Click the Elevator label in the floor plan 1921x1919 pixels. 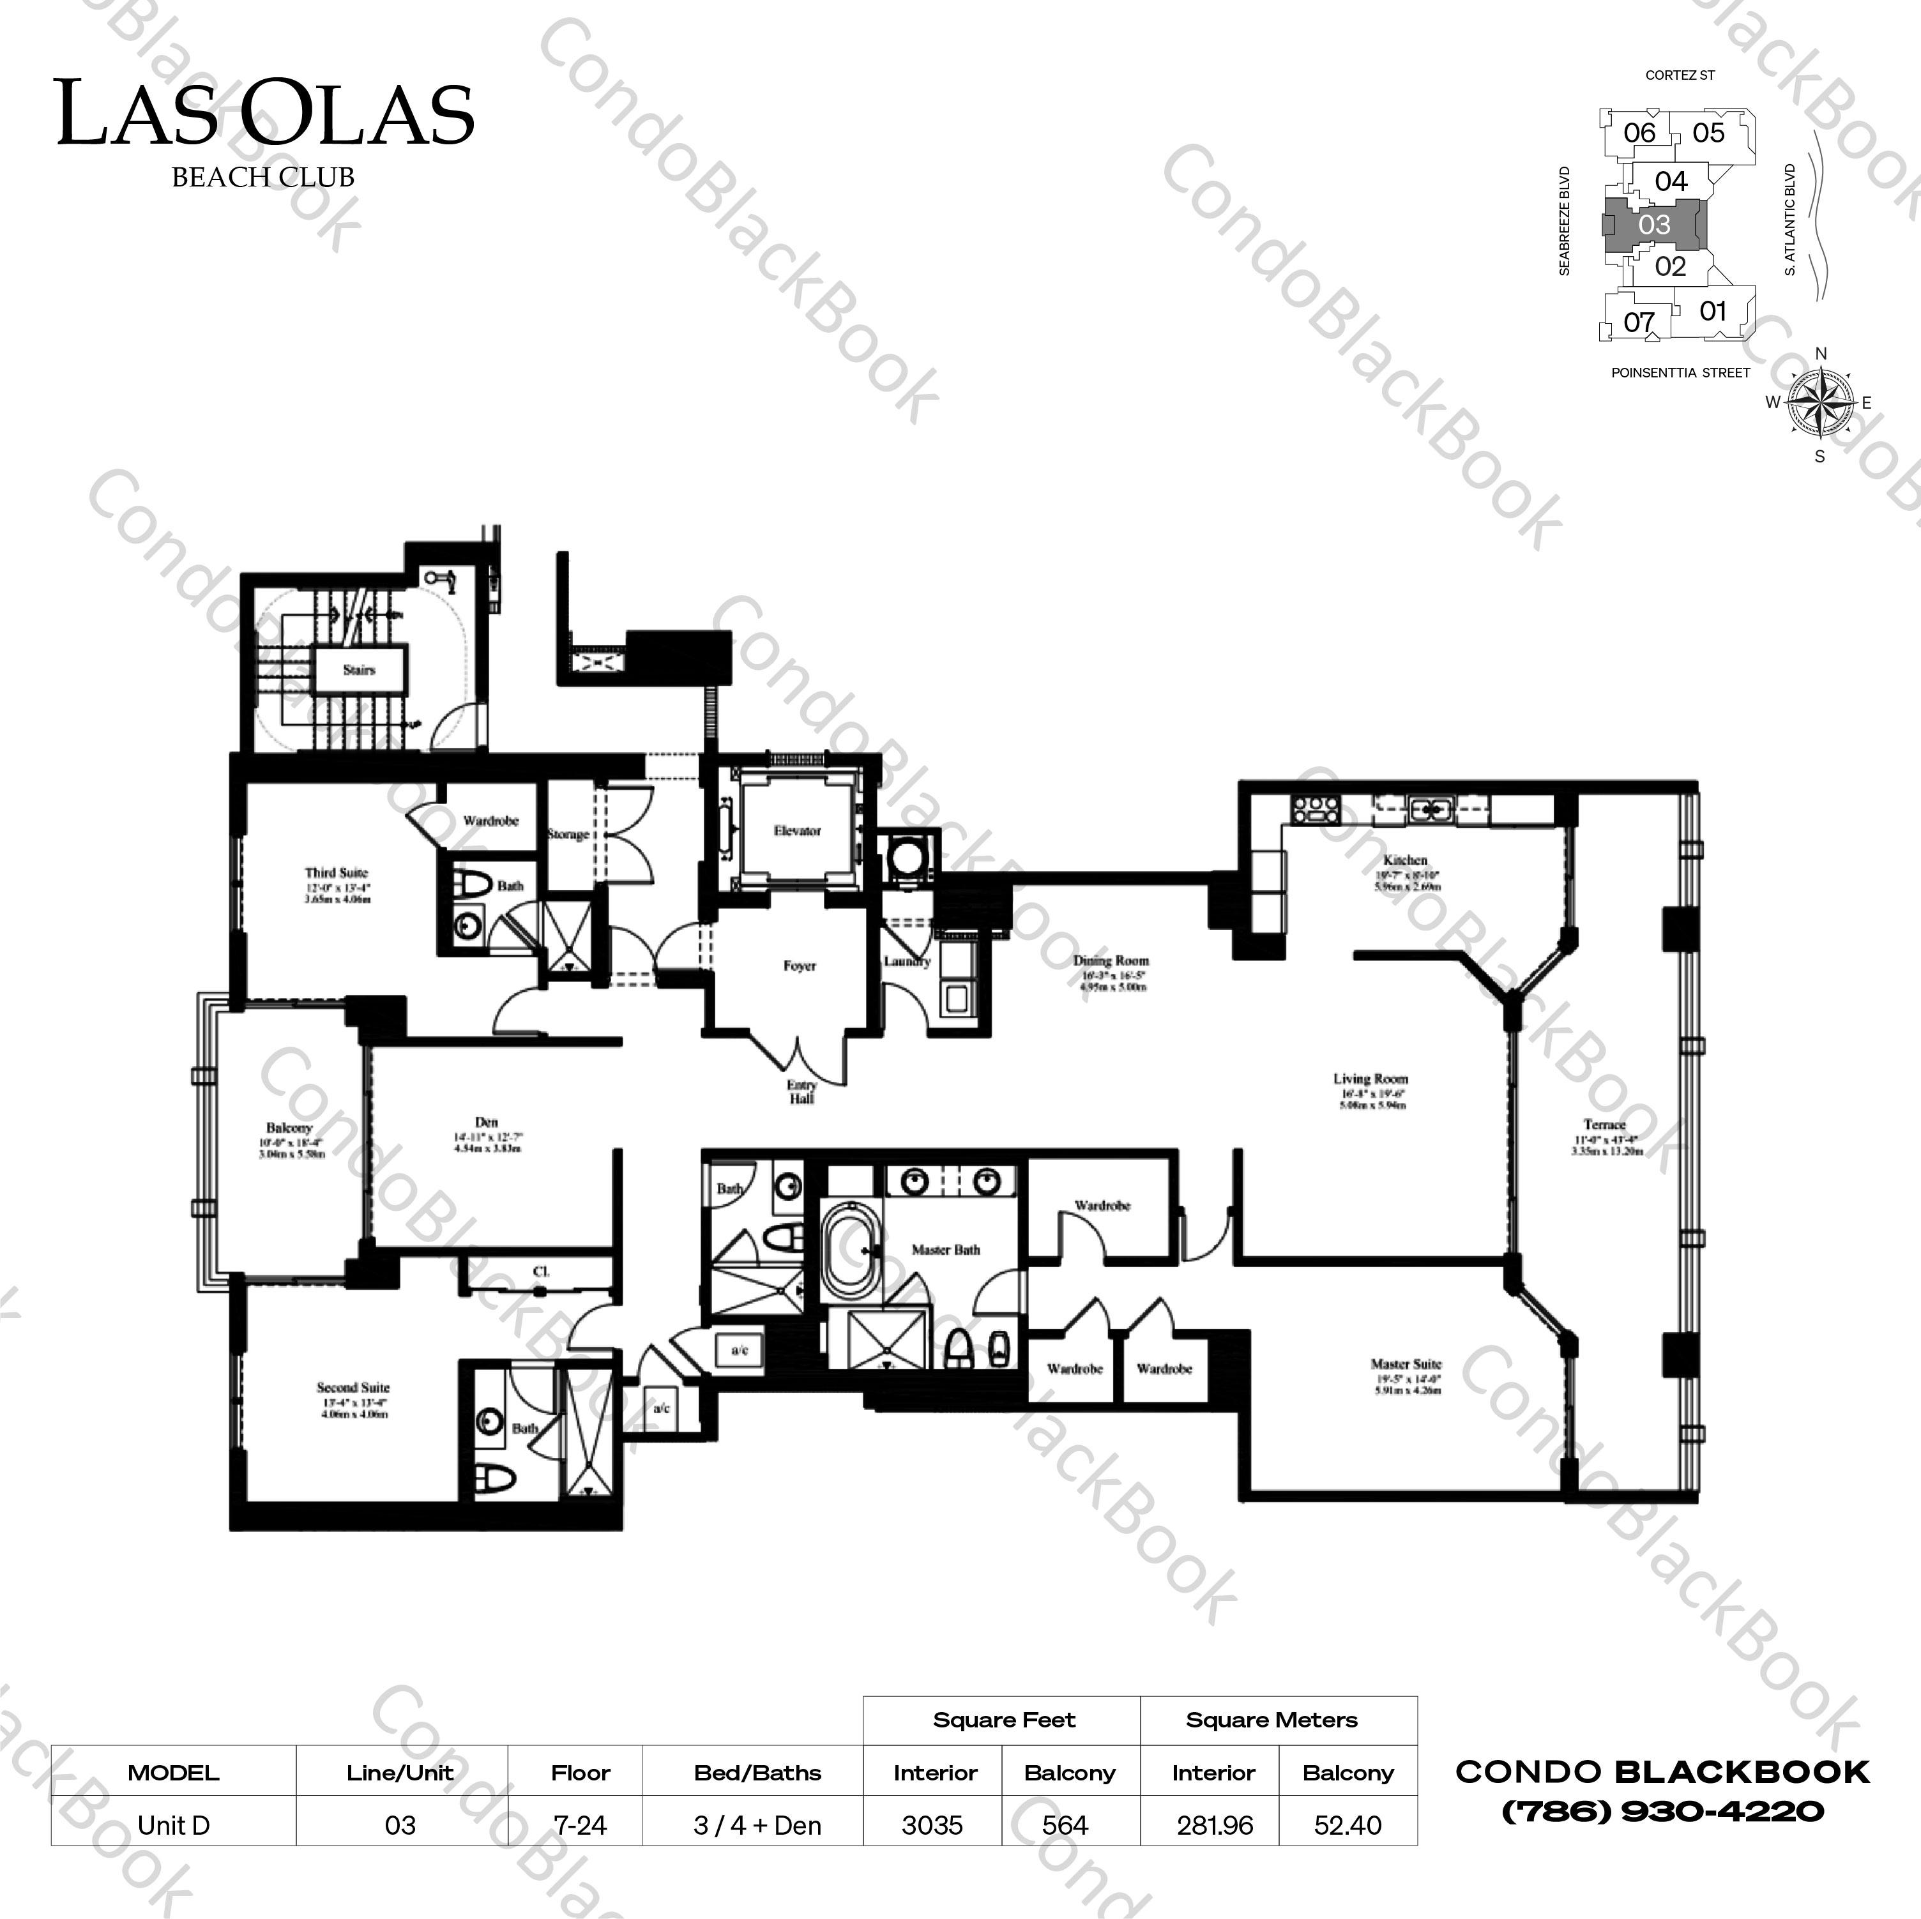tap(798, 830)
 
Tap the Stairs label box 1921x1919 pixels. tap(359, 670)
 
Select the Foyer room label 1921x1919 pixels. tap(800, 966)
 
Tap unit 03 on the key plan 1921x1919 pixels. tap(1655, 225)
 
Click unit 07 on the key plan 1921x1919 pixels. tap(1639, 321)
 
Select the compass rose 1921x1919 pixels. tap(1821, 403)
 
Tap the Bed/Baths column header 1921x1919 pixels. tap(757, 1773)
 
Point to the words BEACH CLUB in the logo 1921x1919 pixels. tap(264, 177)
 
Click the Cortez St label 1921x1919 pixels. tap(1680, 75)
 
